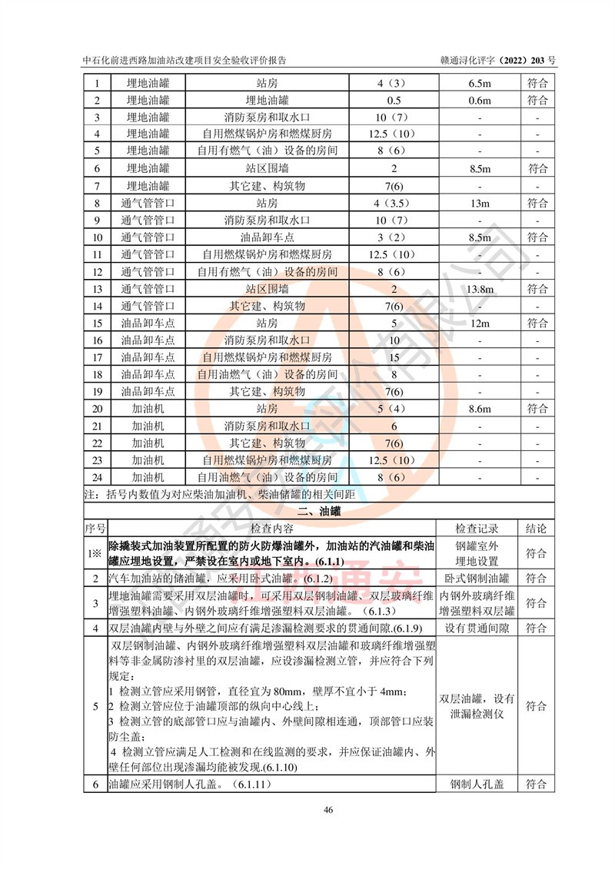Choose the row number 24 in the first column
(97, 477)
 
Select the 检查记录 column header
(477, 529)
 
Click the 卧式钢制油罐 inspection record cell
(477, 578)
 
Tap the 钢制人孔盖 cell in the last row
(477, 784)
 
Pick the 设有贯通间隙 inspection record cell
(477, 629)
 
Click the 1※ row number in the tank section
(95, 553)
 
